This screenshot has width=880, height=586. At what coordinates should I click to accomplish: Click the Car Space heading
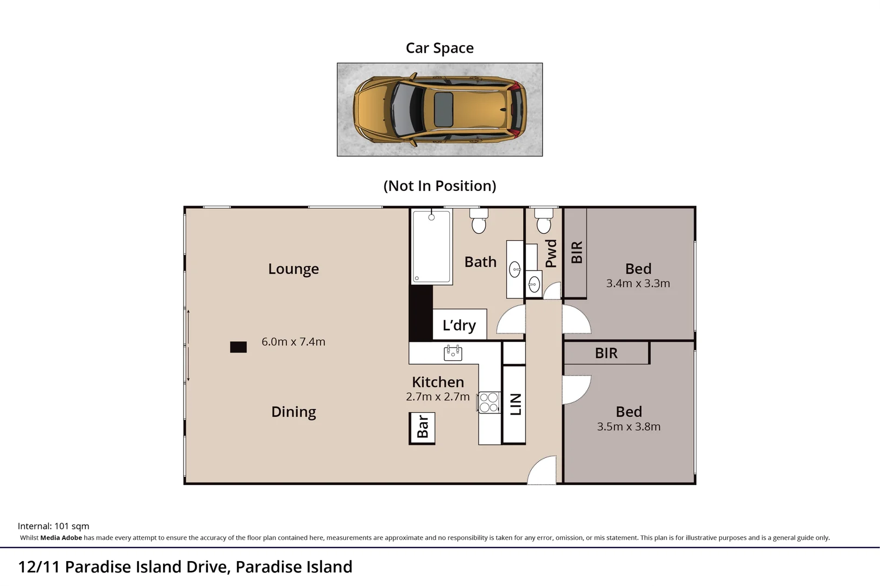pos(439,48)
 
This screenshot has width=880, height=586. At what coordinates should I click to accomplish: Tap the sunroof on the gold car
pos(444,109)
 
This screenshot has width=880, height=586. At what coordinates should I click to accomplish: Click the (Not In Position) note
pos(439,186)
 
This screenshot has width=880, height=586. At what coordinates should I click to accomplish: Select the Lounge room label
pos(293,269)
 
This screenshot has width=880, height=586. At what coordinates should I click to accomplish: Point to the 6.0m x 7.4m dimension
pos(293,342)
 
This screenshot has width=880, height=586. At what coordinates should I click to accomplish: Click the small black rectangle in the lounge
pos(238,347)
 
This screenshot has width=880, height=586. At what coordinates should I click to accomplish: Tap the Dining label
pos(293,412)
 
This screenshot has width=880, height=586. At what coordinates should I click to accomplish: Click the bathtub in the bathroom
pos(431,247)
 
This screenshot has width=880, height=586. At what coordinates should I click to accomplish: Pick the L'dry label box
pos(460,325)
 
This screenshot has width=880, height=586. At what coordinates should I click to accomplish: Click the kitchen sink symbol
pos(452,353)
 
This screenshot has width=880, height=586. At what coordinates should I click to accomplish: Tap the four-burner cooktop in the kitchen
pos(489,403)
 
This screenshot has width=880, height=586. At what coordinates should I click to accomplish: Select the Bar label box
pos(422,428)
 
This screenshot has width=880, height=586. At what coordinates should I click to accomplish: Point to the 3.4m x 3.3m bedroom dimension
pos(638,283)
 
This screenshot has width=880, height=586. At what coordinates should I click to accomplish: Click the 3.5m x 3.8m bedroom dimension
pos(628,426)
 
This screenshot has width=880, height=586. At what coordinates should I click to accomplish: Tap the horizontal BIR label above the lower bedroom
pos(606,353)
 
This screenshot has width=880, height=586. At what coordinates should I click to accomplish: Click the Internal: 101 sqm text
pos(53,526)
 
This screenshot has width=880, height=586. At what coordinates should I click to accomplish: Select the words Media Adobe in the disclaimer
pos(61,538)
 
